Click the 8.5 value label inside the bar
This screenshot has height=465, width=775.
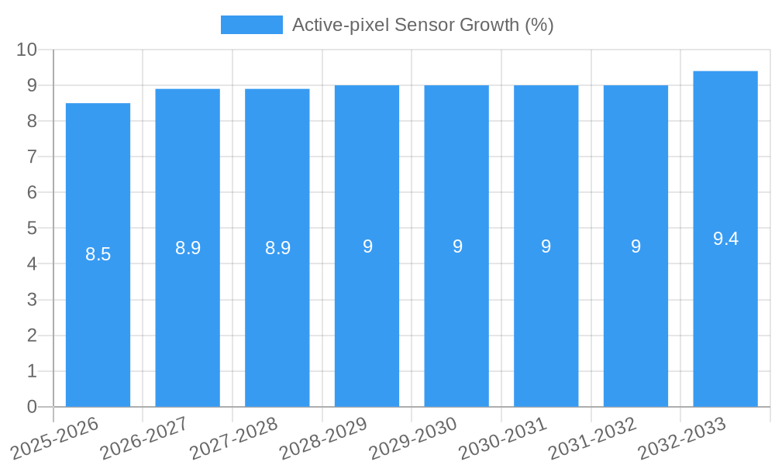[x=98, y=254]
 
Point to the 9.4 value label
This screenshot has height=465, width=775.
[x=725, y=239]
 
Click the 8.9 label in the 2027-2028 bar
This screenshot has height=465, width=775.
[x=277, y=248]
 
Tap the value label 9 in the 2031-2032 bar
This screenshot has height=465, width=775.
[x=635, y=246]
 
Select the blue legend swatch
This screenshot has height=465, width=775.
[x=252, y=25]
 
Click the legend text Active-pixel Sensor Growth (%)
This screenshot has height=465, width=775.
[x=422, y=25]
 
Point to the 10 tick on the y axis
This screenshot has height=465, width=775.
[x=27, y=50]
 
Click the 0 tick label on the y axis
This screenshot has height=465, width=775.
[x=32, y=407]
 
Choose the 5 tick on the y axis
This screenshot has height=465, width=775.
[x=32, y=229]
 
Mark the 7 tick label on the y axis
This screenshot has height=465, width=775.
[x=32, y=157]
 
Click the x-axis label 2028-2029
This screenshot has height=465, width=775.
[x=324, y=439]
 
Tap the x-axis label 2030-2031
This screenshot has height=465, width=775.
[x=504, y=439]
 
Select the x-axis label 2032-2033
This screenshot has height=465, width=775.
[x=683, y=439]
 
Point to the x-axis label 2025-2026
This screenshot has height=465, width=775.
[x=55, y=439]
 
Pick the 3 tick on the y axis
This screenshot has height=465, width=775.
[x=32, y=300]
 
